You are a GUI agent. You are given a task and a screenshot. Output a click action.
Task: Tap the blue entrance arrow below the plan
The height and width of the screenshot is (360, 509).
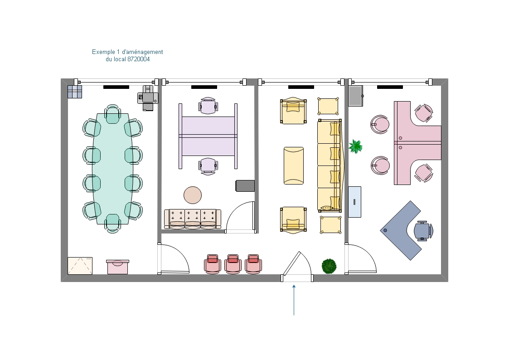(x=294, y=300)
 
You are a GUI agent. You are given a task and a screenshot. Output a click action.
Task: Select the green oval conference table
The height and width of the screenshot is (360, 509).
(x=113, y=169)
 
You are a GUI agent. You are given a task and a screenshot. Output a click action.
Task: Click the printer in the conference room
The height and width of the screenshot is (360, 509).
(x=148, y=98)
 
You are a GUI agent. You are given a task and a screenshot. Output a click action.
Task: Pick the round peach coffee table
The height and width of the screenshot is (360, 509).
(x=193, y=195)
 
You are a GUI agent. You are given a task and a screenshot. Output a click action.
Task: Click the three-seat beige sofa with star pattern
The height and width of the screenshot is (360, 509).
(x=193, y=219)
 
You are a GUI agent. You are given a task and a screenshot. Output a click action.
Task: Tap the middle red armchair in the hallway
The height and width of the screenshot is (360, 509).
(x=233, y=263)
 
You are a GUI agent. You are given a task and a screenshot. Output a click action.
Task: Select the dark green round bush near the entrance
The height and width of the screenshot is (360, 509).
(x=329, y=266)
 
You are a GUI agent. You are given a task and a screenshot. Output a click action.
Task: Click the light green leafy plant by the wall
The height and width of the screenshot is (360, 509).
(x=355, y=146)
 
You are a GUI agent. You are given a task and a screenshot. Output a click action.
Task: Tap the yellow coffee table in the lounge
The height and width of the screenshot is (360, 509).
(x=294, y=165)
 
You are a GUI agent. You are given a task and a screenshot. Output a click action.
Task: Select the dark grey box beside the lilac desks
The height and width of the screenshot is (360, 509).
(x=245, y=186)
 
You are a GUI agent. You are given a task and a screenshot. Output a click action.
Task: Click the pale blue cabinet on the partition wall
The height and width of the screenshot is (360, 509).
(x=354, y=202)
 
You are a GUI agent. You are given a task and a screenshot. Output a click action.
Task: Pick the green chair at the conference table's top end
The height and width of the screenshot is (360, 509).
(x=113, y=114)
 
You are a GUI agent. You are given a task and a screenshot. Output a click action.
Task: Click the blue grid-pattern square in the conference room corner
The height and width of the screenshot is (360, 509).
(x=75, y=92)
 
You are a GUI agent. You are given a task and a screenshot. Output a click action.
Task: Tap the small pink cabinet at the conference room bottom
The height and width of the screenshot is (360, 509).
(x=117, y=267)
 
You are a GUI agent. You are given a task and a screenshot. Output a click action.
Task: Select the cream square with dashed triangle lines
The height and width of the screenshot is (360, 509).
(x=80, y=266)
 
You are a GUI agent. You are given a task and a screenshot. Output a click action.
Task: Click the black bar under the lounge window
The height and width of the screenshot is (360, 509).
(x=301, y=87)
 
